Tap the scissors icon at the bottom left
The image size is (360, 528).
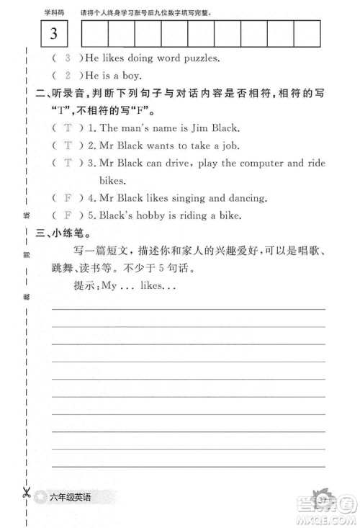click(x=26, y=495)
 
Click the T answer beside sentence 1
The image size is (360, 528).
click(x=68, y=128)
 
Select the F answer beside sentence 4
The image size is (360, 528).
click(x=68, y=197)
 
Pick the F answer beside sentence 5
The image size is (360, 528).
click(x=68, y=215)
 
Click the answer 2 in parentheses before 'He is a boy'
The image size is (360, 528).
click(x=68, y=76)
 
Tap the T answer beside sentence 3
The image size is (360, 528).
click(x=68, y=164)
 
